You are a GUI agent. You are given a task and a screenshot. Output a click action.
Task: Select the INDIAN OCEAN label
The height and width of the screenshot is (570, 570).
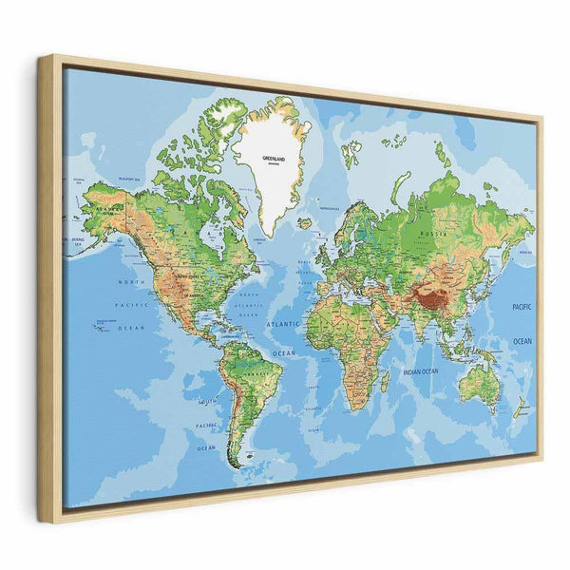tap(419, 372)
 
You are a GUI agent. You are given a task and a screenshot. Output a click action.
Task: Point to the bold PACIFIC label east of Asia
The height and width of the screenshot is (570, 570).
tap(521, 308)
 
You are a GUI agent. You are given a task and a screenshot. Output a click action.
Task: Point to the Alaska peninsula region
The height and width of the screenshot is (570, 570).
tap(103, 204)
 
